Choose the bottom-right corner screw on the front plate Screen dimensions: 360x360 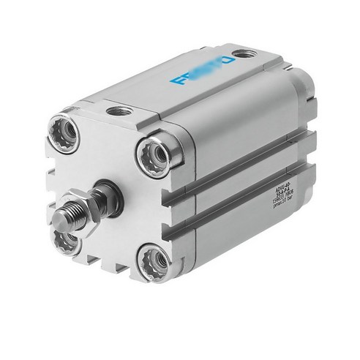point(156,258)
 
